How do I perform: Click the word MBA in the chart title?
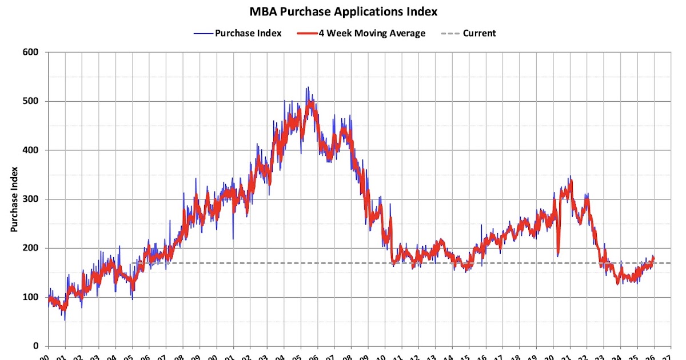pyautogui.click(x=265, y=11)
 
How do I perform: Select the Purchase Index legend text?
pyautogui.click(x=248, y=33)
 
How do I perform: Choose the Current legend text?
pyautogui.click(x=479, y=33)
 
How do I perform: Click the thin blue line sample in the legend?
pyautogui.click(x=202, y=33)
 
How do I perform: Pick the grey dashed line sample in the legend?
pyautogui.click(x=450, y=33)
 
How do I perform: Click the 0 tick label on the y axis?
pyautogui.click(x=35, y=346)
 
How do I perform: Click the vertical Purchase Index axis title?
pyautogui.click(x=14, y=199)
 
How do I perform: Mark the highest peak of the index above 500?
pyautogui.click(x=307, y=87)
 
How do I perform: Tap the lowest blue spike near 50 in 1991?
pyautogui.click(x=65, y=320)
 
